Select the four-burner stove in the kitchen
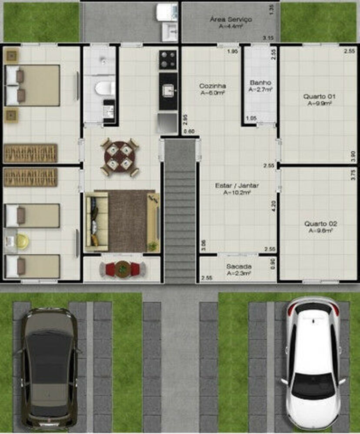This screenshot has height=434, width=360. pos(168,60)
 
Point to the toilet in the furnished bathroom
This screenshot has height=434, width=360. pos(105,88)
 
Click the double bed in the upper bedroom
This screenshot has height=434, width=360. pos(33,85)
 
